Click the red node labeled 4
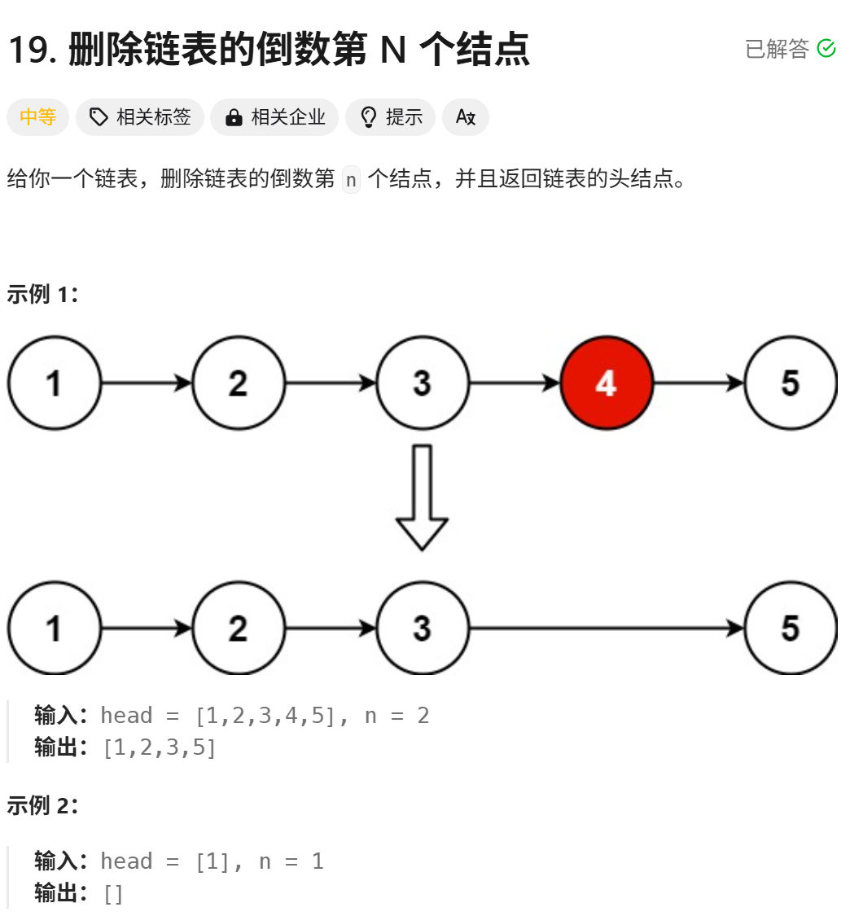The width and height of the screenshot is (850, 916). pyautogui.click(x=607, y=383)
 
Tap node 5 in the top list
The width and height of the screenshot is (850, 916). pyautogui.click(x=791, y=383)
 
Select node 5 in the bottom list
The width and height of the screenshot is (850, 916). pyautogui.click(x=791, y=629)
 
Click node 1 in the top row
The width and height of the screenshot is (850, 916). pyautogui.click(x=54, y=383)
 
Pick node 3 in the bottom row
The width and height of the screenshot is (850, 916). pyautogui.click(x=422, y=629)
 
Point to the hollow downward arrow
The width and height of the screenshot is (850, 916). pyautogui.click(x=422, y=497)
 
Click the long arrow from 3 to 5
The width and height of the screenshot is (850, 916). pyautogui.click(x=607, y=629)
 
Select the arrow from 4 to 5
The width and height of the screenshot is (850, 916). pyautogui.click(x=699, y=383)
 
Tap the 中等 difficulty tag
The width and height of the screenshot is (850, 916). pyautogui.click(x=37, y=117)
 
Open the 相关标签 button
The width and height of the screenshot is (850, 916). pyautogui.click(x=140, y=117)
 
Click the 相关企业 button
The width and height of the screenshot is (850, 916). pyautogui.click(x=274, y=117)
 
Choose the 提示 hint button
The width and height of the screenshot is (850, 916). pyautogui.click(x=391, y=117)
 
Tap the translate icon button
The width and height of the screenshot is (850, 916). pyautogui.click(x=466, y=117)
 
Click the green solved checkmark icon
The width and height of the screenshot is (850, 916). pyautogui.click(x=826, y=49)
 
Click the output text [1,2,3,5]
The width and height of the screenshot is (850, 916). pyautogui.click(x=159, y=747)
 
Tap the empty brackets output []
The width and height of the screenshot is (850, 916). pyautogui.click(x=113, y=894)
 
